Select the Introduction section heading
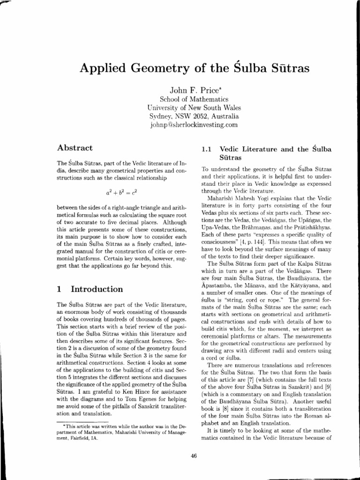pyautogui.click(x=96, y=289)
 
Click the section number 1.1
pyautogui.click(x=207, y=150)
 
